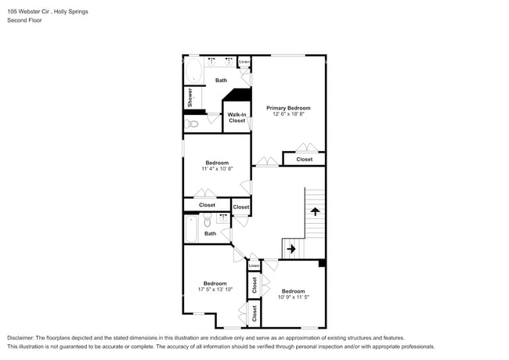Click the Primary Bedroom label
[x=288, y=108]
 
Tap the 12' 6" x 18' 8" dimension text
[x=288, y=113]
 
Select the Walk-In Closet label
[x=236, y=117]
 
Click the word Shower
[x=190, y=97]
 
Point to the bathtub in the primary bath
[x=193, y=70]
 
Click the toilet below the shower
[x=192, y=124]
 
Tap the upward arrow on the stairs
[x=315, y=212]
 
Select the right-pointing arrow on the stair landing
[x=291, y=249]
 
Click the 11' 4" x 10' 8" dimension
[x=217, y=168]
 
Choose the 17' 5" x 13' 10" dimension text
[x=215, y=290]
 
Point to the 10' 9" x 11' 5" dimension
[x=294, y=297]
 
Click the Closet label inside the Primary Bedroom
[x=304, y=159]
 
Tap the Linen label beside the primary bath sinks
[x=244, y=62]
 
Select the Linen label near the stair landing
[x=254, y=266]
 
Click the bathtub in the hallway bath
[x=191, y=229]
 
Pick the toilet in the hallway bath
[x=207, y=220]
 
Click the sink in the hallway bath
[x=223, y=218]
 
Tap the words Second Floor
[x=25, y=20]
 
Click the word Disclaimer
[x=20, y=338]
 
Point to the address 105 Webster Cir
[x=28, y=12]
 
